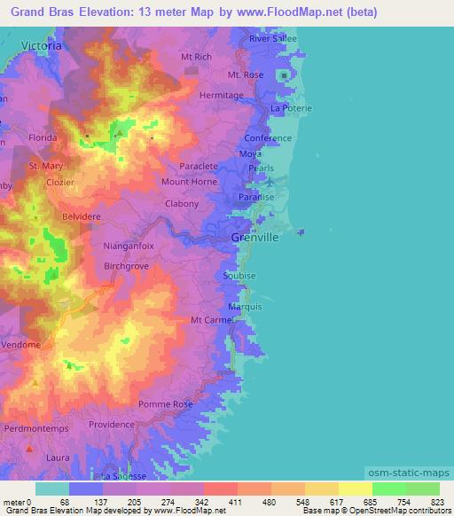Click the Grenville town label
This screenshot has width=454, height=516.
(x=254, y=238)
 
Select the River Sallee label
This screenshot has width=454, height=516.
(x=272, y=39)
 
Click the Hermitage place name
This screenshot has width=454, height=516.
(x=222, y=95)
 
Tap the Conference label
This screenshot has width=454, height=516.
(x=268, y=139)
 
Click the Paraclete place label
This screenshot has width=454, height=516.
(x=198, y=166)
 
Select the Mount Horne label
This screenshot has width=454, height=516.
(x=189, y=183)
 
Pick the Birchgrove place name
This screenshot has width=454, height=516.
(x=129, y=265)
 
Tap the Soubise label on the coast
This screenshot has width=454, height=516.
(x=239, y=276)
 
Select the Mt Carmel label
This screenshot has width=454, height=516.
(x=211, y=320)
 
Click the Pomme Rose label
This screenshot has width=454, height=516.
(x=171, y=404)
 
